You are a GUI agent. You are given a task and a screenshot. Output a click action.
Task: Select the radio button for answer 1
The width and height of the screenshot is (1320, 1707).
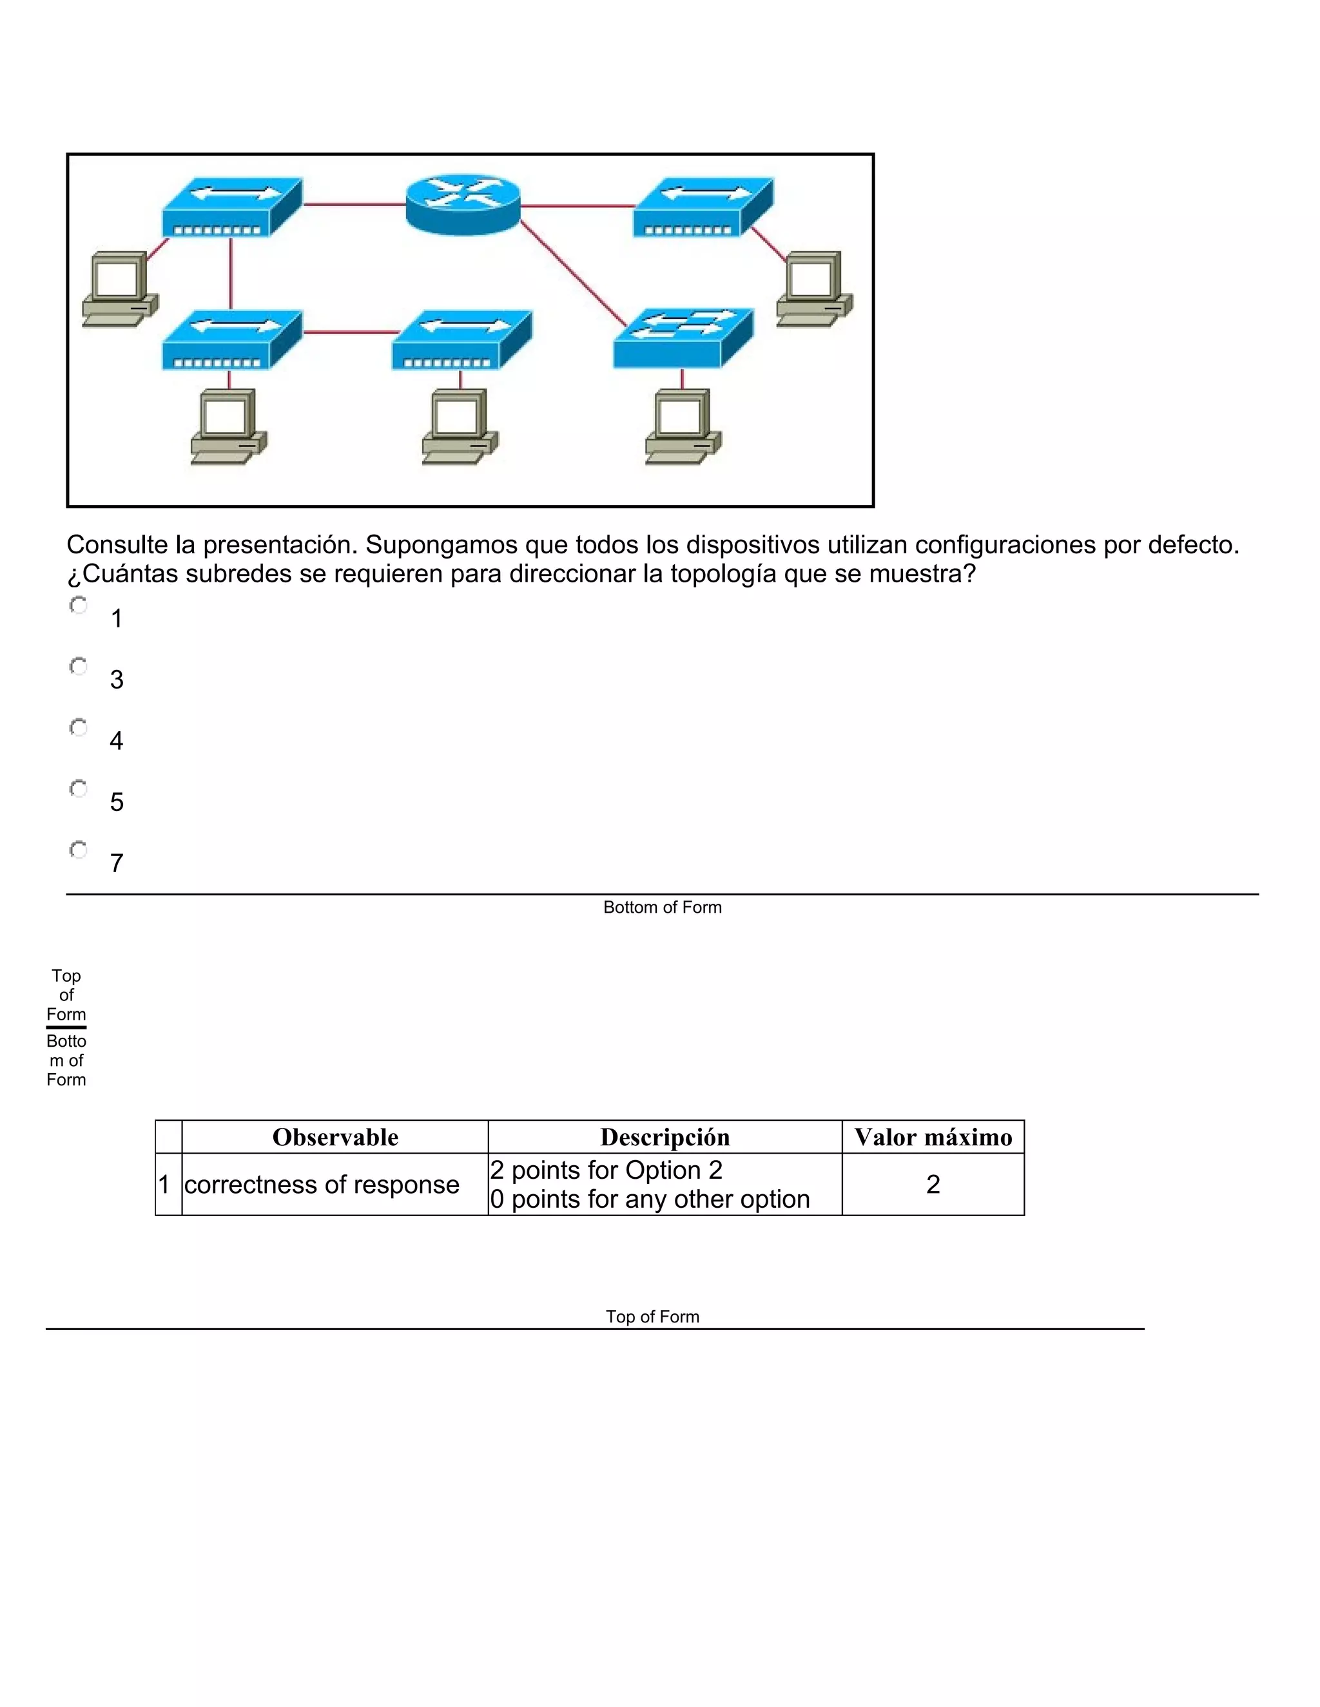(78, 605)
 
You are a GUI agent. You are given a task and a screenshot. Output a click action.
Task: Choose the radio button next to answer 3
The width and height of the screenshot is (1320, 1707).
(78, 666)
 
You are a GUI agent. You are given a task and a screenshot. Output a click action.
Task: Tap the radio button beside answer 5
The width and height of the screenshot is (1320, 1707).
(78, 788)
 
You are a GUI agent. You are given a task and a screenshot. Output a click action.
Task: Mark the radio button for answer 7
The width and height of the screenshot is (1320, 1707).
(78, 849)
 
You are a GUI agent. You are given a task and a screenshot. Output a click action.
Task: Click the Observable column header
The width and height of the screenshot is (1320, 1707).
(335, 1137)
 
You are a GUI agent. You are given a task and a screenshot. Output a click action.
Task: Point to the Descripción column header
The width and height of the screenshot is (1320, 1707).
(665, 1137)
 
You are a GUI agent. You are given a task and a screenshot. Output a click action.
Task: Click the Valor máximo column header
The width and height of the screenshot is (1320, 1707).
(933, 1137)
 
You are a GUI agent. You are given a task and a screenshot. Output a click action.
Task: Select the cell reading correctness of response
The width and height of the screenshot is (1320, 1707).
(322, 1184)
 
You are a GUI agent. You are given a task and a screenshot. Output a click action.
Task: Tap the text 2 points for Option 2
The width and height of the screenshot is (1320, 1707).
(606, 1170)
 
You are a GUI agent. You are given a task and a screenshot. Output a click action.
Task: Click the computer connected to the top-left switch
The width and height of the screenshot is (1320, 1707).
(119, 289)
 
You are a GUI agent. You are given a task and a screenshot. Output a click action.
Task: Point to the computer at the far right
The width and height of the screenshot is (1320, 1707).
(814, 289)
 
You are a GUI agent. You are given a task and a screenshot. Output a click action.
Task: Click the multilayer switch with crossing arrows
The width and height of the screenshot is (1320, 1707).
(683, 338)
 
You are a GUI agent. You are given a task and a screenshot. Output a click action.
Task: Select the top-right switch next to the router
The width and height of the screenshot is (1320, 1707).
(703, 207)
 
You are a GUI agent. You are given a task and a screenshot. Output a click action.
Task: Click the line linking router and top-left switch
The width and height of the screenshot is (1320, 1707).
(353, 204)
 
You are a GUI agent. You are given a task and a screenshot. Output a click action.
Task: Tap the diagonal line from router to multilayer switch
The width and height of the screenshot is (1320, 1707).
(572, 274)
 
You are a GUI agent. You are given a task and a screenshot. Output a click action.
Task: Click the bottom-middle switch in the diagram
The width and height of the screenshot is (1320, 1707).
(461, 340)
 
